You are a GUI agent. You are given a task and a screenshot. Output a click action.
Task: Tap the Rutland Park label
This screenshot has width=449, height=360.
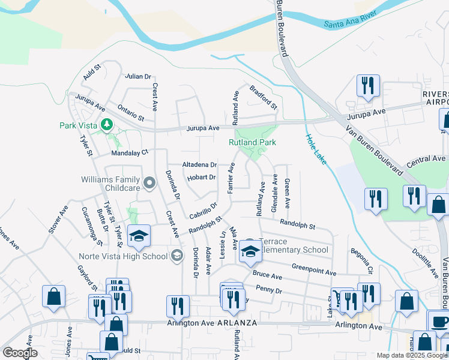click(x=252, y=142)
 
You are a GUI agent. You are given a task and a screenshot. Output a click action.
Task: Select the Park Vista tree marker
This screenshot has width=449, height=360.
click(x=107, y=125)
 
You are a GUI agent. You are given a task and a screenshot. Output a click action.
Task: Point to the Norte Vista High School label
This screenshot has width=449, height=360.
click(x=122, y=257)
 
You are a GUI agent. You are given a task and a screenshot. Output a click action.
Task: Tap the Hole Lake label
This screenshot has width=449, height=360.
click(x=315, y=146)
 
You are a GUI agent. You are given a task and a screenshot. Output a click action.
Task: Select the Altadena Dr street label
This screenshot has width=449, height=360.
click(x=200, y=164)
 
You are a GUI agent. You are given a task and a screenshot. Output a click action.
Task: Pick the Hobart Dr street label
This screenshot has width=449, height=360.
click(x=200, y=177)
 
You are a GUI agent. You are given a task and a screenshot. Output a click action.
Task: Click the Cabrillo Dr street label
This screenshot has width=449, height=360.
click(x=203, y=211)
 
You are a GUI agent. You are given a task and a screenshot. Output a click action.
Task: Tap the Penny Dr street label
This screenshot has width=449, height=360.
click(x=268, y=290)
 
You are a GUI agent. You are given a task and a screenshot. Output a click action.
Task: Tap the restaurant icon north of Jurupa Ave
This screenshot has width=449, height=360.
click(x=367, y=86)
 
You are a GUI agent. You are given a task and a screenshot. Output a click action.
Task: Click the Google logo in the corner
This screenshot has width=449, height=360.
click(x=20, y=353)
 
